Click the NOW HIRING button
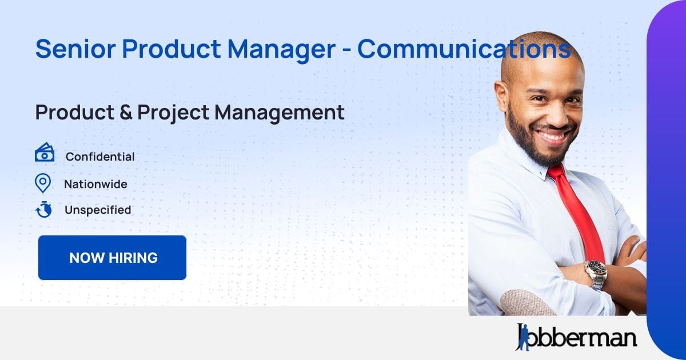[113, 258]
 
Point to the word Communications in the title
[464, 49]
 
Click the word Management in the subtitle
[280, 113]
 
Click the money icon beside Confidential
[45, 153]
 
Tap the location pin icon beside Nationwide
[43, 183]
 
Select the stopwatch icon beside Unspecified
[44, 210]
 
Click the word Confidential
[100, 157]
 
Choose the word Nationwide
[95, 185]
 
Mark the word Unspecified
[98, 210]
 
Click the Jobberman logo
[576, 337]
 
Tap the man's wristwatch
[596, 273]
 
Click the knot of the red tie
[556, 171]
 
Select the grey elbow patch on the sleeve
[527, 303]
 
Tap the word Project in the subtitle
[174, 113]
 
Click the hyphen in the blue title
[346, 50]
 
